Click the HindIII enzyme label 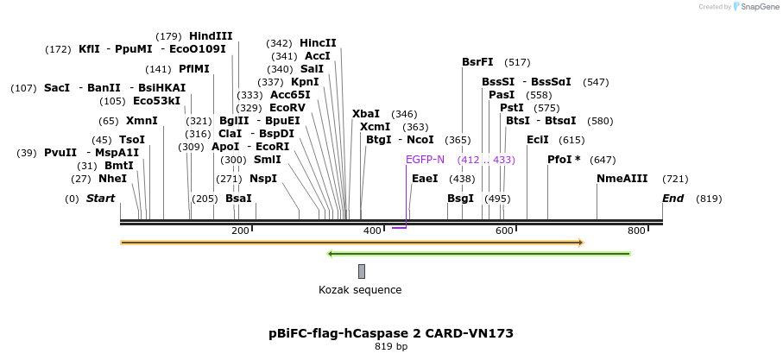pos(211,35)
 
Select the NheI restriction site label pos(112,179)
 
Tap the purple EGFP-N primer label pos(425,160)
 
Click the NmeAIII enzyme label pos(622,179)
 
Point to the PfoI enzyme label pos(563,160)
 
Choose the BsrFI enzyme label pos(477,62)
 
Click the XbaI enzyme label pos(365,114)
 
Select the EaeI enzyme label pos(425,179)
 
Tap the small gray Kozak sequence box pos(362,271)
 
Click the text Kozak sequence pos(360,290)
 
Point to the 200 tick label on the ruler pos(240,231)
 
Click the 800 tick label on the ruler pos(636,231)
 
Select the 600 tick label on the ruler pos(504,231)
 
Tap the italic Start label pos(100,199)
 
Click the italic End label pos(673,199)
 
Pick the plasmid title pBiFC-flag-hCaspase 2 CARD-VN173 pos(391,332)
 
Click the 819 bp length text pos(391,346)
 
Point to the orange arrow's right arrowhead pos(580,243)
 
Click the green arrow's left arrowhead pos(331,254)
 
